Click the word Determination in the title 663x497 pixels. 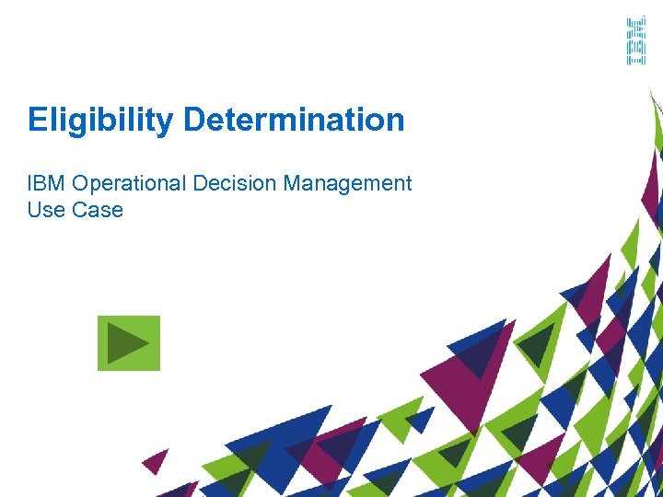[294, 120]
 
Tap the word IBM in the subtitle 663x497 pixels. [44, 183]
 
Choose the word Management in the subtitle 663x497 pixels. [347, 183]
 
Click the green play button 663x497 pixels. [129, 343]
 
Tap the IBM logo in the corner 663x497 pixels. [635, 40]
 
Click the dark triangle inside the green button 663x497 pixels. [126, 343]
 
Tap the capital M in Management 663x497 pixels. [292, 183]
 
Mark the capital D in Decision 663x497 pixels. [200, 183]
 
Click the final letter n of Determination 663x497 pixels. [395, 121]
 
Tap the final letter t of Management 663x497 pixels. [408, 184]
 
